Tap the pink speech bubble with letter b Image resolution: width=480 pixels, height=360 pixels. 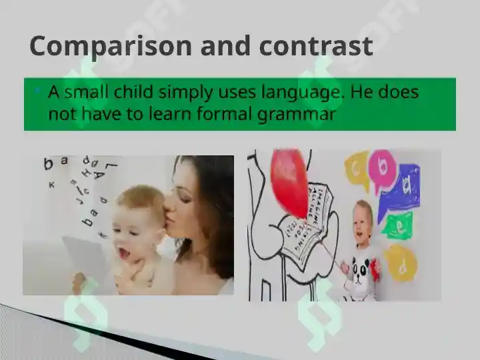pyautogui.click(x=382, y=166)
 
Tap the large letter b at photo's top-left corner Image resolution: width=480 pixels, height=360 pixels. pyautogui.click(x=48, y=163)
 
